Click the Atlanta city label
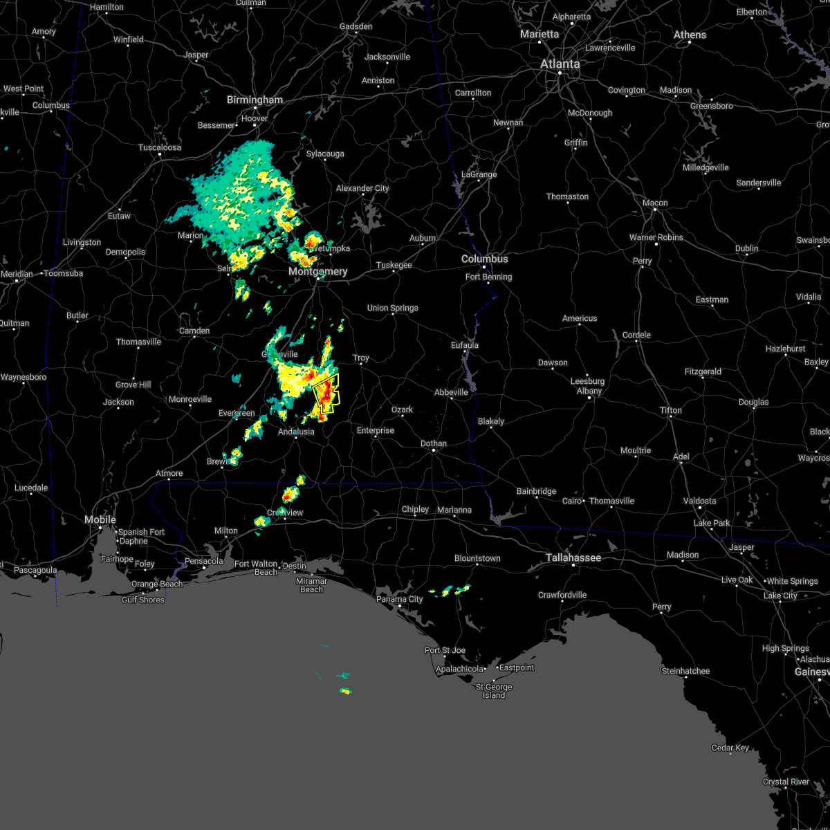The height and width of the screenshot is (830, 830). click(560, 64)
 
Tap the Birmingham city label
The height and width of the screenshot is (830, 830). click(255, 100)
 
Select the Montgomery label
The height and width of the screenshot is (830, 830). click(317, 272)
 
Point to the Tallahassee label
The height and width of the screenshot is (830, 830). click(573, 558)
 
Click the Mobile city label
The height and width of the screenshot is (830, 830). click(100, 520)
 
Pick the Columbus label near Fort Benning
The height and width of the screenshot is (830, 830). click(485, 259)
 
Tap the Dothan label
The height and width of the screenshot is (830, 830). click(434, 444)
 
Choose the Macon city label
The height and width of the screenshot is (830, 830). click(654, 203)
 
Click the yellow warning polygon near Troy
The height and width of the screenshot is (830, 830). click(326, 393)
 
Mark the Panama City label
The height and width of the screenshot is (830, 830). click(400, 600)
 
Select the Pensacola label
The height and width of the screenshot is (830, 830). click(204, 562)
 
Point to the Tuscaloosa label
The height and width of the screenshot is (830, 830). click(160, 148)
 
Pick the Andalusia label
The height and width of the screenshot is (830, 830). click(296, 432)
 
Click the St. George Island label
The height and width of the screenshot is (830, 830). click(494, 691)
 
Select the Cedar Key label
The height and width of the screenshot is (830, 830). click(731, 748)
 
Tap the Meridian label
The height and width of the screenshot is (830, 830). click(17, 275)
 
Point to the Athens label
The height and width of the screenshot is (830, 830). click(690, 35)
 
